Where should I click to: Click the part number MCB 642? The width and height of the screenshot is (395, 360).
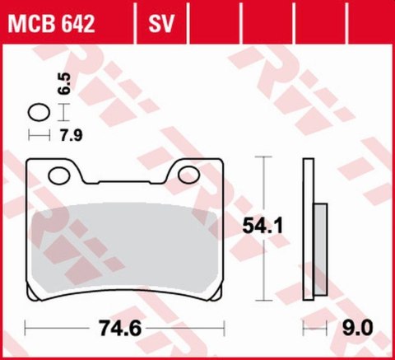[x=51, y=24]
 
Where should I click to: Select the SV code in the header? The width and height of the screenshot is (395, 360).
[x=161, y=24]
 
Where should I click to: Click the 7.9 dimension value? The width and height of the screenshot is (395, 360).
[x=72, y=135]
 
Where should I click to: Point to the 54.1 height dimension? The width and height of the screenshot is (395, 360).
[x=263, y=225]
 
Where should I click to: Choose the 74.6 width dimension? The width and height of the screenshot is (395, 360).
[x=120, y=328]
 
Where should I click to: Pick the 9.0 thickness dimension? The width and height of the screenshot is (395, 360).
[x=358, y=328]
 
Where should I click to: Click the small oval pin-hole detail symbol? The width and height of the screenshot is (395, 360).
[x=39, y=112]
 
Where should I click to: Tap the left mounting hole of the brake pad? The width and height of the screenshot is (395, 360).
[x=59, y=175]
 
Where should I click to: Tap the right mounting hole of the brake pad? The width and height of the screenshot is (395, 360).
[x=188, y=175]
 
